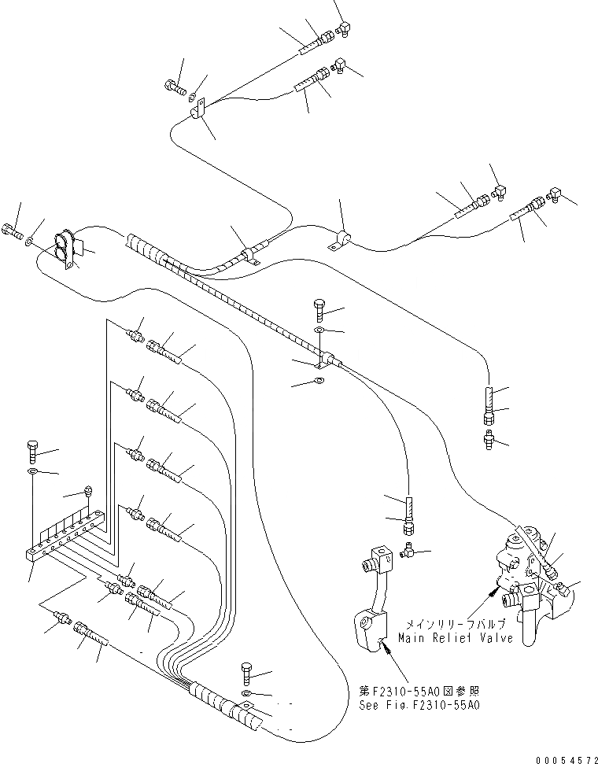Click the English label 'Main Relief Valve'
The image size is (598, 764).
456,638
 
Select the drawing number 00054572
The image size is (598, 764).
567,760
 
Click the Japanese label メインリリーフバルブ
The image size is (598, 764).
456,624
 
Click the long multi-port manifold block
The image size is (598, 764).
65,537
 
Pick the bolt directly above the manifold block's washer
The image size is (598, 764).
32,451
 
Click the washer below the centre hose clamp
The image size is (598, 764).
319,380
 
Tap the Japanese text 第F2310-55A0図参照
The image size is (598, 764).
419,691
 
